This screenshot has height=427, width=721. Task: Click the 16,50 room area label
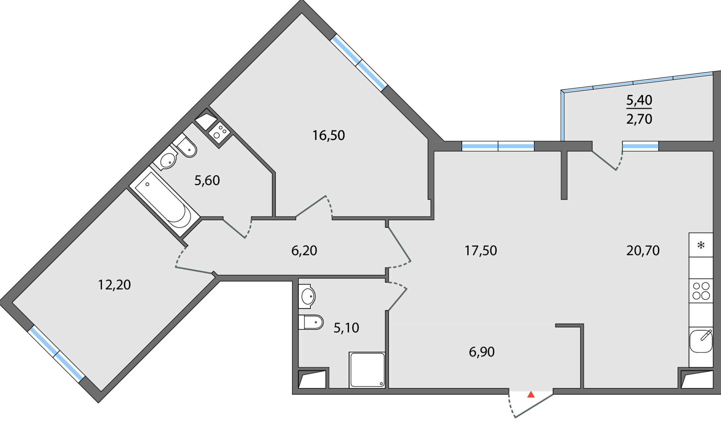(328, 136)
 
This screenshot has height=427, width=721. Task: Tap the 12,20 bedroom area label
(114, 285)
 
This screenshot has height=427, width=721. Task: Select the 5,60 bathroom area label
(207, 180)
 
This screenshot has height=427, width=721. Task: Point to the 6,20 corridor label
(304, 250)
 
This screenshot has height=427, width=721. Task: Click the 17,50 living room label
(481, 250)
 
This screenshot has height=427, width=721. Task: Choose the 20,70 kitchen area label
(643, 250)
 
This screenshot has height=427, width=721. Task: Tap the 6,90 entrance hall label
(482, 352)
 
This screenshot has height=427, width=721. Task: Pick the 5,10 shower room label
(346, 328)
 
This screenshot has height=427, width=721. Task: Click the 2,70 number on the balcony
(639, 119)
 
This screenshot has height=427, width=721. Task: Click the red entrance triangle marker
(531, 395)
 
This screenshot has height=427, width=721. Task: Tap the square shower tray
(367, 370)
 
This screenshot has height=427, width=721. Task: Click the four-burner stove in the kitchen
(701, 291)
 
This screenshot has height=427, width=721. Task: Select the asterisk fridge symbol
(701, 245)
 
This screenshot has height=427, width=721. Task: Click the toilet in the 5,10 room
(311, 322)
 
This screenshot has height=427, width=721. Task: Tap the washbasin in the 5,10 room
(307, 296)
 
